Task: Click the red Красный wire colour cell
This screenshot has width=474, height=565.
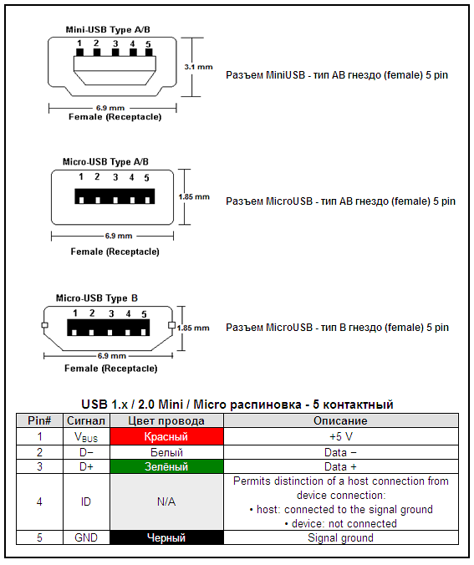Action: click(166, 436)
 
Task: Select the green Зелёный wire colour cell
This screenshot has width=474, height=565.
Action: click(166, 466)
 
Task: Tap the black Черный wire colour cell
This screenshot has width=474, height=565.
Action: click(166, 538)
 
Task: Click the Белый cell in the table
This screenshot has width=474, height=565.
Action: click(166, 452)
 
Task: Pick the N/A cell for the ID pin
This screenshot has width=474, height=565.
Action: click(166, 502)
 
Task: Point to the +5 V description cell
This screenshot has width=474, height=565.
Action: click(340, 436)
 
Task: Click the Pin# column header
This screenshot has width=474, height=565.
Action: click(38, 420)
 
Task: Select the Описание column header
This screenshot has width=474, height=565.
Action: click(340, 420)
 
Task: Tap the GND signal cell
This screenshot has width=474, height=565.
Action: click(86, 538)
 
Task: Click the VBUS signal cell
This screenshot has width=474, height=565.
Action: click(86, 436)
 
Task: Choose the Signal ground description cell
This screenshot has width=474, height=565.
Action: click(340, 538)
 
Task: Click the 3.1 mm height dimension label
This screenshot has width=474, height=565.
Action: click(198, 65)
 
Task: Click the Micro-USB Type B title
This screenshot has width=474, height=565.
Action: click(97, 298)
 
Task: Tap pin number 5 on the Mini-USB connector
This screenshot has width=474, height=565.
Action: click(148, 43)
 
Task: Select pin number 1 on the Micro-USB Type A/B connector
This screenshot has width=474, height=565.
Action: click(81, 177)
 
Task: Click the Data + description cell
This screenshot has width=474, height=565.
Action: click(340, 466)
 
